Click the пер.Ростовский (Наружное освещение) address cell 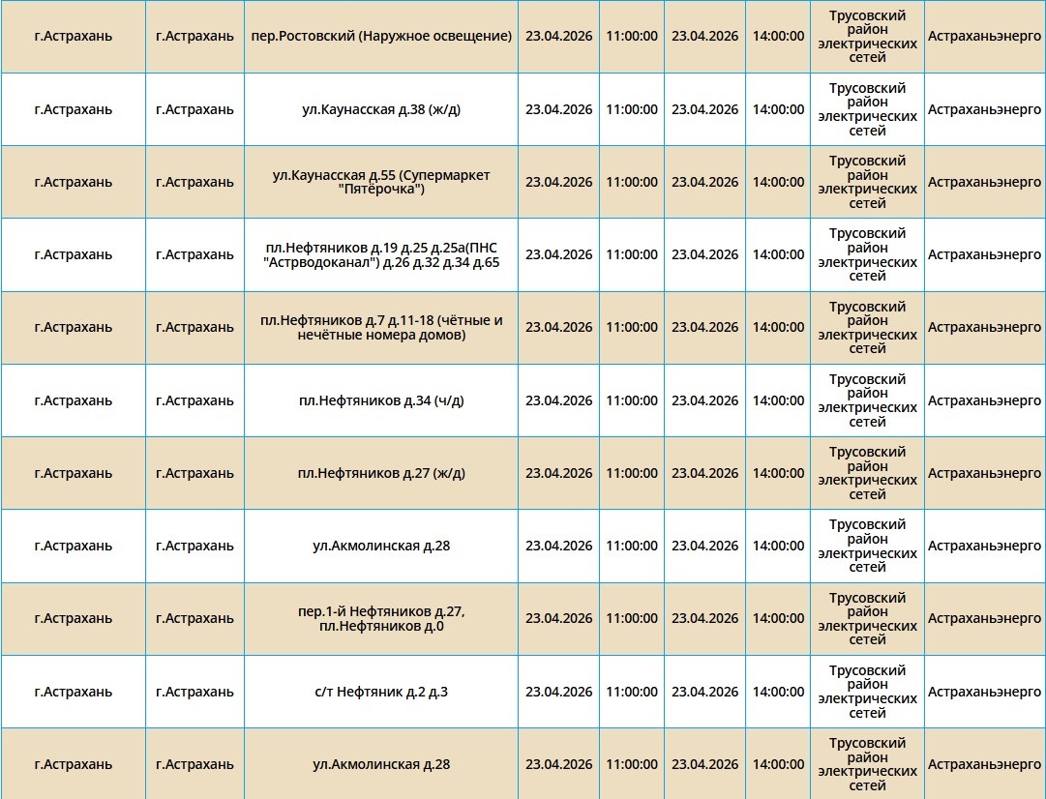coord(380,37)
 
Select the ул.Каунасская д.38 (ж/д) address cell coord(380,109)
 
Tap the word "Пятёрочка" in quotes coord(380,190)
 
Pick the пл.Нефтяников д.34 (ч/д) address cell coord(380,400)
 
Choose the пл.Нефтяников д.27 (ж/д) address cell coord(380,473)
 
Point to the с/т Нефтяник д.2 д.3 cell coord(380,692)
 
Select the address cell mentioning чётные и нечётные coord(380,328)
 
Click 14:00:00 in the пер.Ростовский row coord(778,37)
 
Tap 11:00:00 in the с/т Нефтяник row coord(631,692)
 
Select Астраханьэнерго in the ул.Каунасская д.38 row coord(984,109)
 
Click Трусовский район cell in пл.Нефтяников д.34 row coord(867,400)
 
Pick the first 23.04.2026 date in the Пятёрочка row coord(558,182)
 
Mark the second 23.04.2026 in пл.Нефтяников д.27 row coord(704,473)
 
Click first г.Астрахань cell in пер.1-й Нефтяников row coord(73,618)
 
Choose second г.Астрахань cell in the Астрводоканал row coord(194,254)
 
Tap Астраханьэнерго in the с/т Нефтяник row coord(984,692)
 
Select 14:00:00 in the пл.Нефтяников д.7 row coord(778,328)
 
